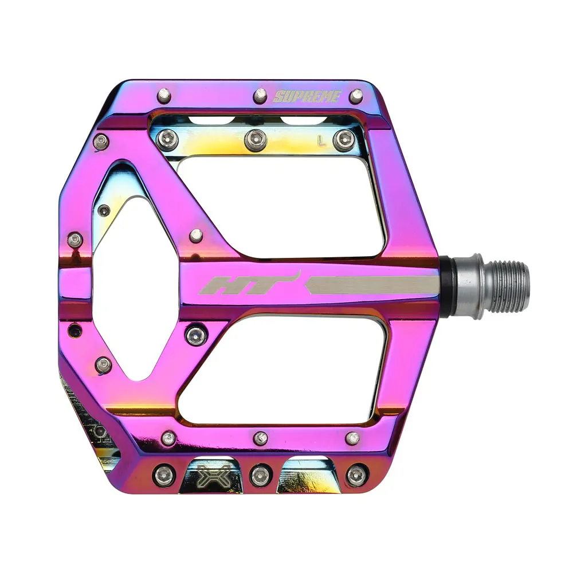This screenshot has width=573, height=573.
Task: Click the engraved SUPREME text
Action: pos(307,96)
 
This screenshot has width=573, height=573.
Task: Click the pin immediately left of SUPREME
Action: pos(261,95)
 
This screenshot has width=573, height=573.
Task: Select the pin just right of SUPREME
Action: pos(356,96)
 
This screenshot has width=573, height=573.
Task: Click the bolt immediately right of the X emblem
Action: pos(260,475)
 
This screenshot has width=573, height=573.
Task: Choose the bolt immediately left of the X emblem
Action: pos(163,475)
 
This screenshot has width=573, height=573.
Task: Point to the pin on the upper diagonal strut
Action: pos(196,236)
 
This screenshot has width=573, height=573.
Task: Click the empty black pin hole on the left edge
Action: pos(74,330)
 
